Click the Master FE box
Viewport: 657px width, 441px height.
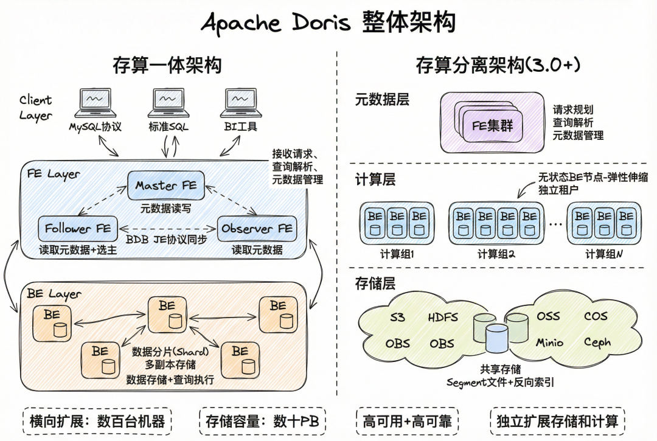(x=166, y=186)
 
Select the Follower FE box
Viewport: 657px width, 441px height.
(x=78, y=229)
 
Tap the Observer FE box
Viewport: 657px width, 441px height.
(x=257, y=229)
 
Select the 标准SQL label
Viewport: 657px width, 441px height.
(x=169, y=128)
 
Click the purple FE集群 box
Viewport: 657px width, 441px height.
(x=492, y=127)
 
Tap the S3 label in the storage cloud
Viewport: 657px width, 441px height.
(x=397, y=317)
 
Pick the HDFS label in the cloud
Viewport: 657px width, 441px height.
(x=443, y=317)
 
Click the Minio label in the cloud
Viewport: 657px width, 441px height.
(x=549, y=342)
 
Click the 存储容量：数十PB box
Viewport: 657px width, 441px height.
(x=262, y=421)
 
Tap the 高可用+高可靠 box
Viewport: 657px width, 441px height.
(x=406, y=421)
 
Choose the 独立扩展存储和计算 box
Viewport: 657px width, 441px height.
(x=557, y=421)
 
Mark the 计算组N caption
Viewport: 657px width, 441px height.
(x=603, y=254)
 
